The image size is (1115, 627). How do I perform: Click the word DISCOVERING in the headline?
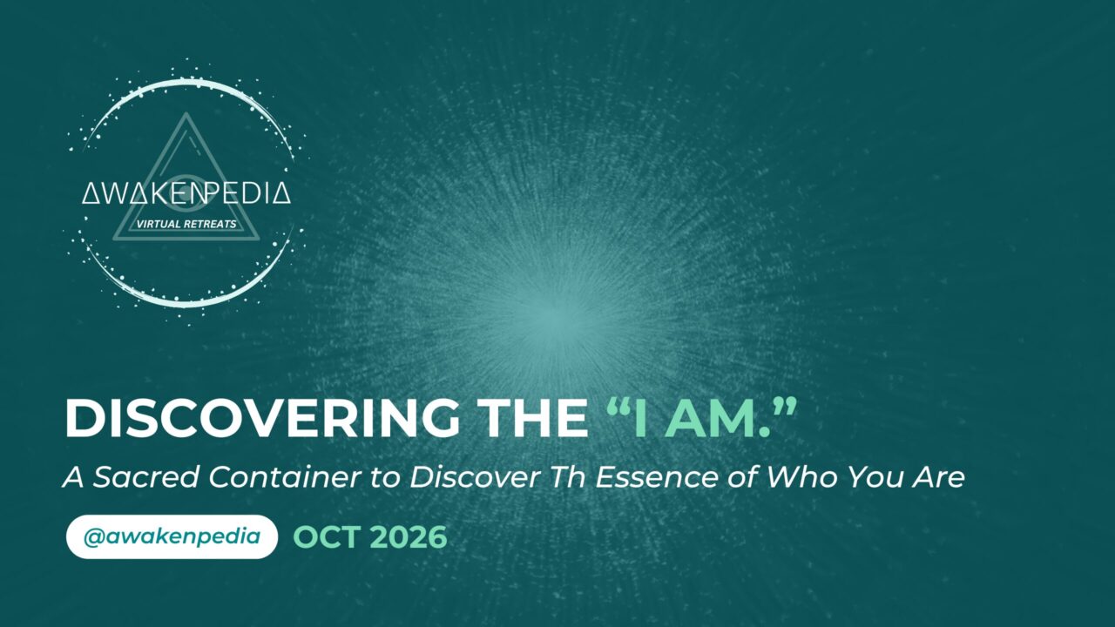point(262,418)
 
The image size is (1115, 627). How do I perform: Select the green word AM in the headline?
point(712,418)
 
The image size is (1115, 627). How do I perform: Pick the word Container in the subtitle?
point(285,476)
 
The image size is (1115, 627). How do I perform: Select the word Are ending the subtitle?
point(939,476)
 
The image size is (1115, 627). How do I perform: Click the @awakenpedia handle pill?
point(172,537)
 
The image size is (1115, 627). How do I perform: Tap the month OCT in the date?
point(327,537)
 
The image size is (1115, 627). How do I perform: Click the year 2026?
point(409,537)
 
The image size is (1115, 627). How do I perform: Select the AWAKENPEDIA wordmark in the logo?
point(186,193)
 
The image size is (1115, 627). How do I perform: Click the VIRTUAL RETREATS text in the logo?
point(186,224)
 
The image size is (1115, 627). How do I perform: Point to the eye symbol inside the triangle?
point(186,192)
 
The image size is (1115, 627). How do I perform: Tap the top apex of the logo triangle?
point(186,113)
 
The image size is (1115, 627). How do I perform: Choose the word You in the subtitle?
point(874,476)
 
